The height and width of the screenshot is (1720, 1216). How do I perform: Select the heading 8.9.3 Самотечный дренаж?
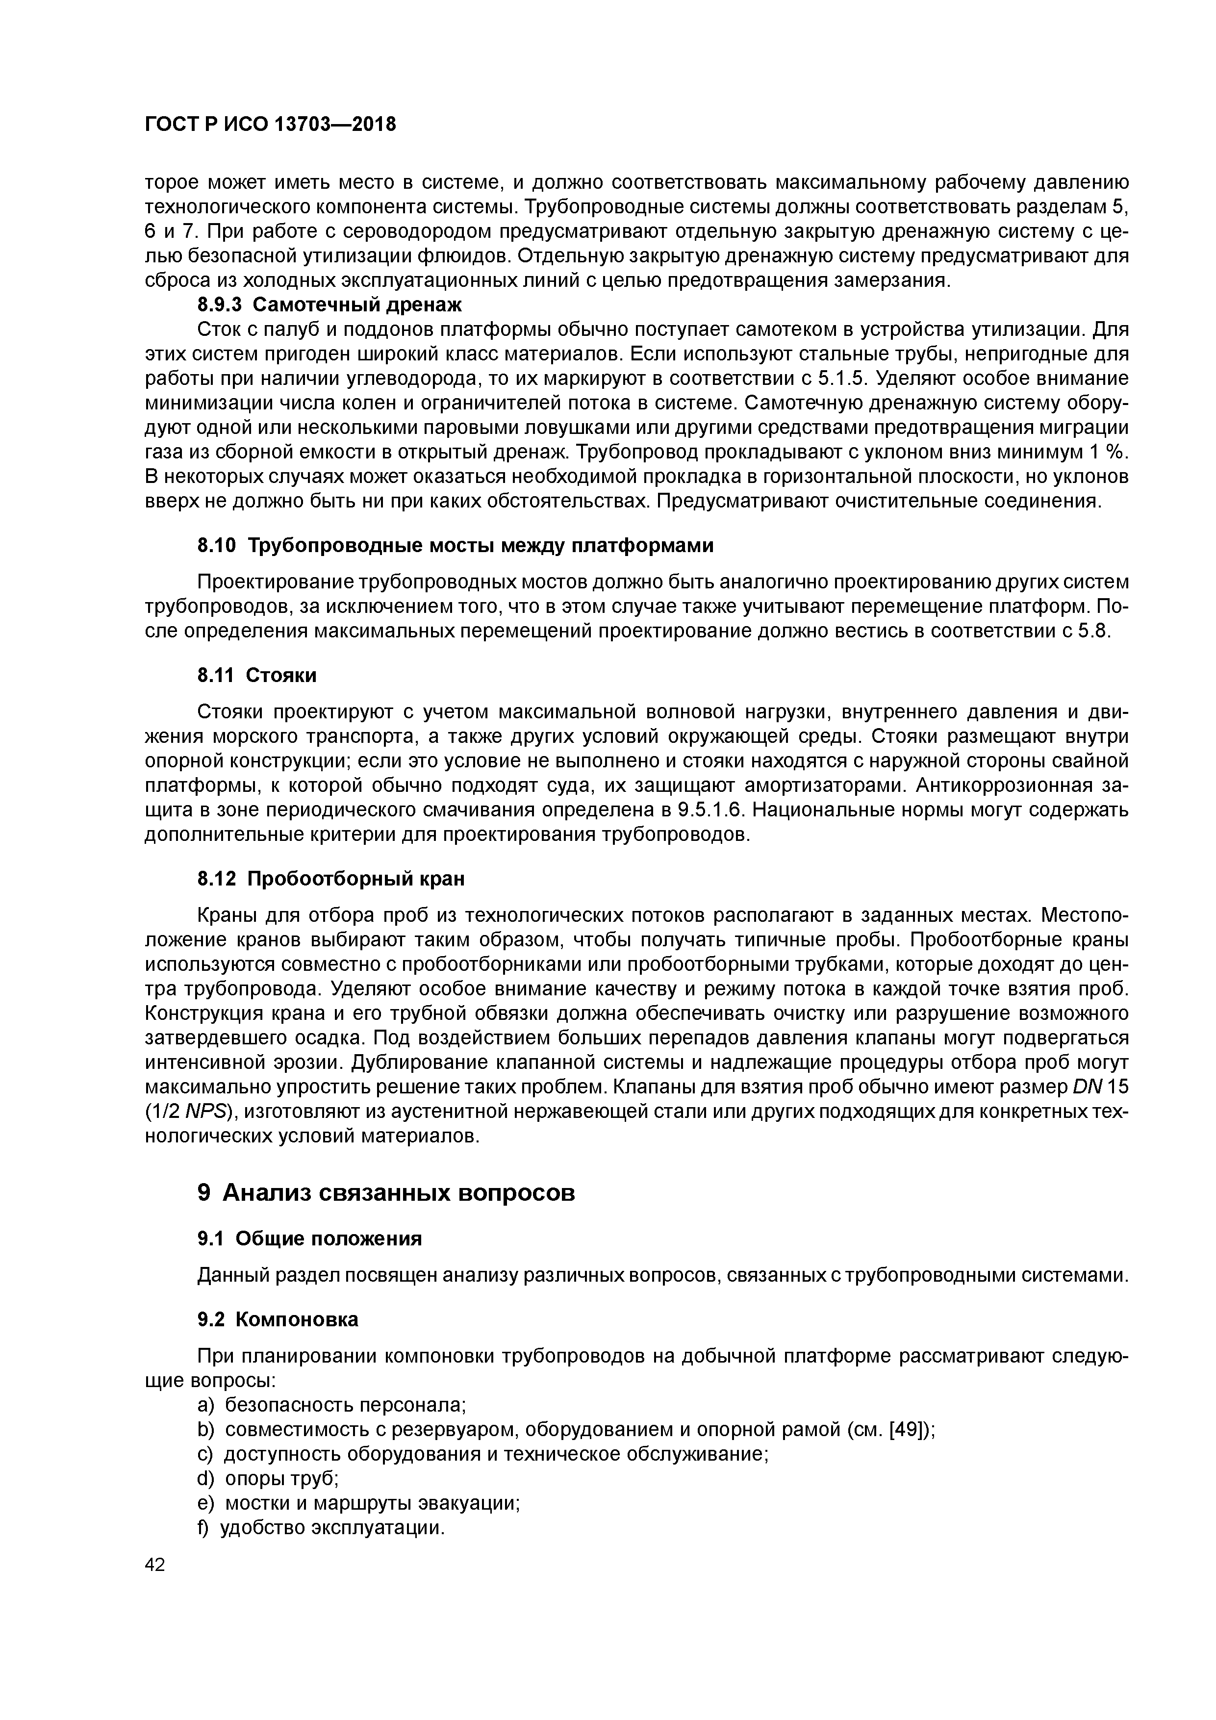point(329,305)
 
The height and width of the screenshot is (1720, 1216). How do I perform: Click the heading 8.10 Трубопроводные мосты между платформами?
point(455,545)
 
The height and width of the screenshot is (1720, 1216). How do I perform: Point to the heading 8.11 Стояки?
point(256,675)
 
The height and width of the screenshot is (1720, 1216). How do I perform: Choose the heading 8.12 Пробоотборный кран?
point(330,878)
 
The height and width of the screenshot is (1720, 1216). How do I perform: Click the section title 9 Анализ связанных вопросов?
point(386,1192)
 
